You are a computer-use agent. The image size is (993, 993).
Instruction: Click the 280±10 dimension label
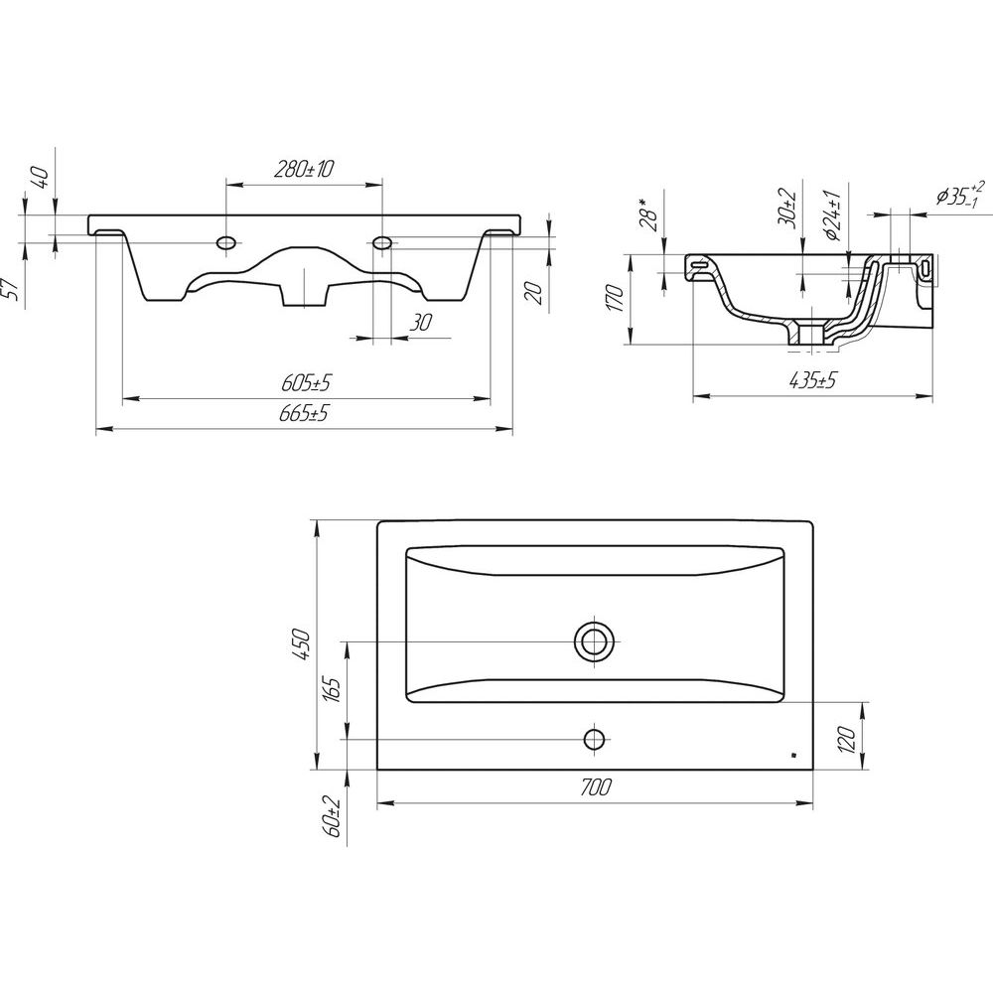[304, 169]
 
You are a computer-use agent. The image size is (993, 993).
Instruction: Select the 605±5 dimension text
[307, 383]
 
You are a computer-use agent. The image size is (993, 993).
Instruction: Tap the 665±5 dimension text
[304, 413]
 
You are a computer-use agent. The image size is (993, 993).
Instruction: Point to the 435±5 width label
[813, 380]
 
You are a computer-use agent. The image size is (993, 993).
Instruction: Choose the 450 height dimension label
[302, 644]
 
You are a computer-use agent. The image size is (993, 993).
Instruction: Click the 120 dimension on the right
[848, 739]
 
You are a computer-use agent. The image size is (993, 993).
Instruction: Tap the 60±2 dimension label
[333, 817]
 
